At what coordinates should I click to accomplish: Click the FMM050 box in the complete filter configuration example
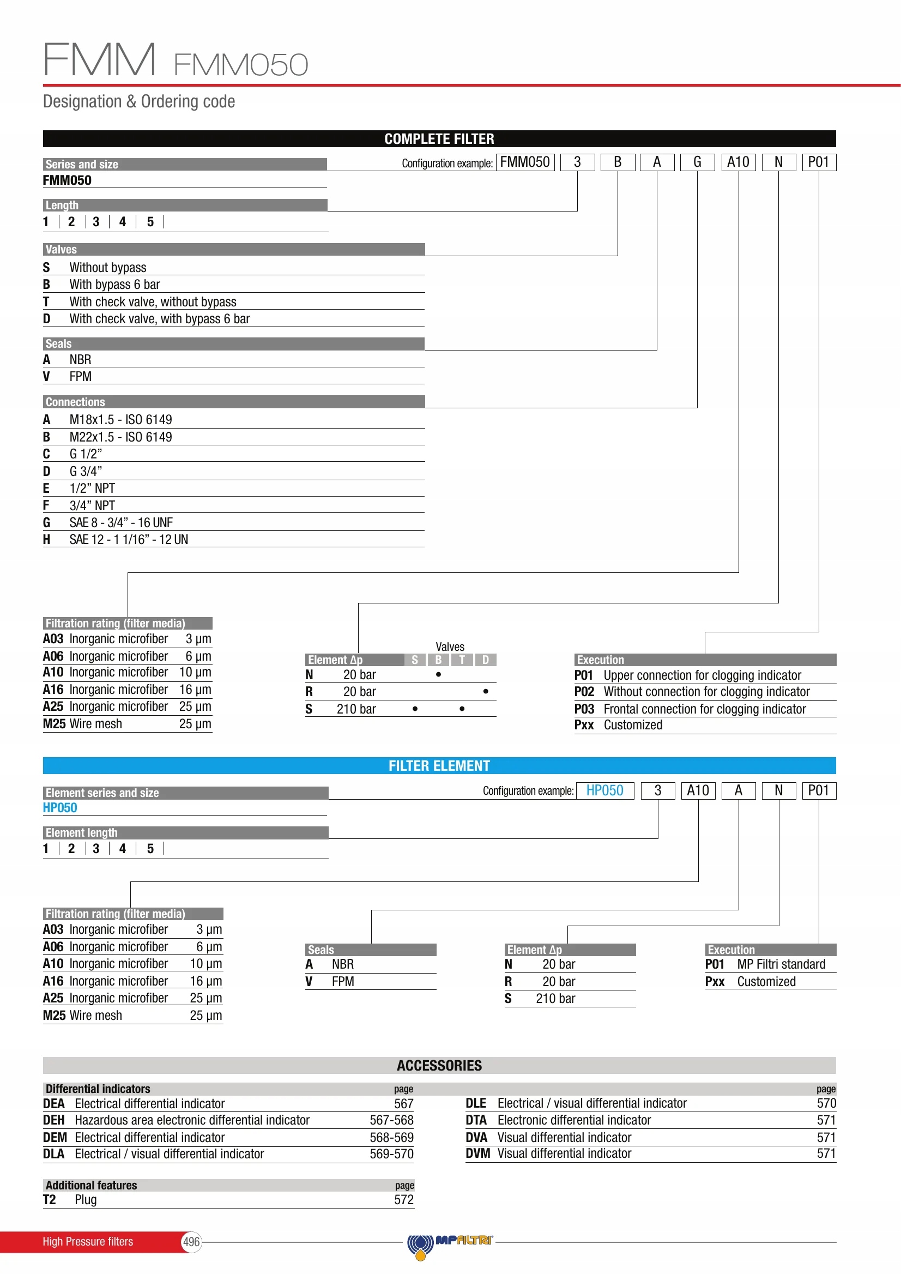click(x=524, y=162)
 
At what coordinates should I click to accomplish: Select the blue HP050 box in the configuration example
click(x=604, y=790)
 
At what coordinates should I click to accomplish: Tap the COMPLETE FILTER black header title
click(x=439, y=139)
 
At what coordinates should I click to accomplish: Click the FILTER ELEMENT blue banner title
click(x=439, y=766)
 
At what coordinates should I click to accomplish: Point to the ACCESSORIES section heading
click(x=439, y=1066)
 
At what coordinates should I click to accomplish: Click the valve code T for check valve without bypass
click(x=47, y=302)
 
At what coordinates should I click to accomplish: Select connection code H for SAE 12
click(x=47, y=540)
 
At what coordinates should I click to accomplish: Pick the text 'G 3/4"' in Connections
click(x=86, y=472)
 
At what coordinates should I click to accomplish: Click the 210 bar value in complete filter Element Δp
click(x=356, y=709)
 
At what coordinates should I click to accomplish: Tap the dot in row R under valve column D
click(x=486, y=691)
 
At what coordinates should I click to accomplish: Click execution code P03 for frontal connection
click(x=584, y=709)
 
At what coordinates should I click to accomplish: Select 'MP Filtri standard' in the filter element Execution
click(x=781, y=965)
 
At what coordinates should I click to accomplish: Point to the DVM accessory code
click(x=477, y=1154)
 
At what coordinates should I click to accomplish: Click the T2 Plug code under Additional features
click(x=50, y=1200)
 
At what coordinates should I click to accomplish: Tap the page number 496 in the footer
click(x=191, y=1242)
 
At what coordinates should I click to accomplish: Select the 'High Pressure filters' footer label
click(x=88, y=1242)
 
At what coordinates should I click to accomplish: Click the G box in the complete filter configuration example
click(x=697, y=162)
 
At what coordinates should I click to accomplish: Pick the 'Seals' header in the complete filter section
click(x=59, y=345)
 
